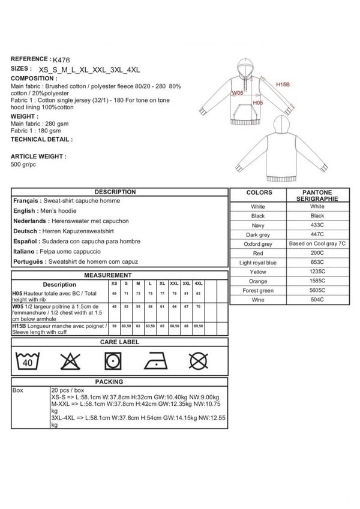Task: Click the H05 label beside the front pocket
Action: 257,103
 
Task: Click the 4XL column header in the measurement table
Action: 199,282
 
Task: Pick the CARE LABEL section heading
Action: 119,342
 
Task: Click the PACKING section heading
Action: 119,382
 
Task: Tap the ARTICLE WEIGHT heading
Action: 38,155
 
